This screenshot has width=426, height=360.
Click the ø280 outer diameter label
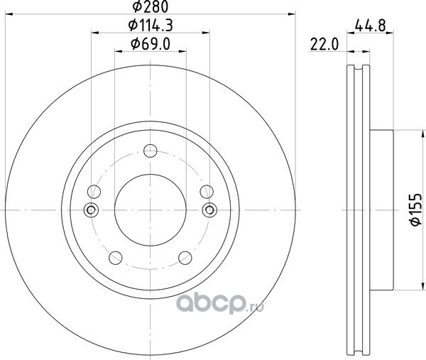pyautogui.click(x=151, y=6)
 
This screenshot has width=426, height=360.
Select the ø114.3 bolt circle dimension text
pyautogui.click(x=151, y=26)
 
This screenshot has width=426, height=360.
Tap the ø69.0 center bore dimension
pyautogui.click(x=151, y=44)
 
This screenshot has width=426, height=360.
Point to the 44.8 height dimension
pyautogui.click(x=371, y=26)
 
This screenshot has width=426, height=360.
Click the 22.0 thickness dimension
pyautogui.click(x=324, y=44)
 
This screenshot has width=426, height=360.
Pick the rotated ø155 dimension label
pyautogui.click(x=415, y=209)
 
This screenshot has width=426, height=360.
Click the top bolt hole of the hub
pyautogui.click(x=151, y=151)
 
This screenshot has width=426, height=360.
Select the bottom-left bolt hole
pyautogui.click(x=116, y=258)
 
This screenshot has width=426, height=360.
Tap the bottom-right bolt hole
pyautogui.click(x=185, y=258)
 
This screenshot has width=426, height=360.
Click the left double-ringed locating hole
pyautogui.click(x=91, y=209)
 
